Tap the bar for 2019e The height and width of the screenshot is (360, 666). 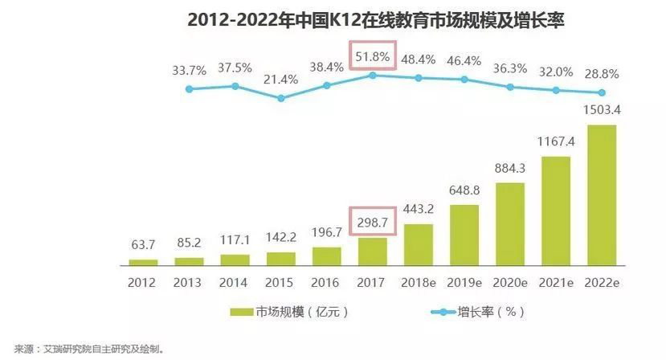464,235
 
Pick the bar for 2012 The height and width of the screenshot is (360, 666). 143,261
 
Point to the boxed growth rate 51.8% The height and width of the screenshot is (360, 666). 372,57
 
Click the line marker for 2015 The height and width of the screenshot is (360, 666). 281,99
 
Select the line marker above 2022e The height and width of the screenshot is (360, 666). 601,92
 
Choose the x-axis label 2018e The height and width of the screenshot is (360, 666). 418,283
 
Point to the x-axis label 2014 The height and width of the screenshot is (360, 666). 235,283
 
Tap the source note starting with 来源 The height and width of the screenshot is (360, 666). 84,350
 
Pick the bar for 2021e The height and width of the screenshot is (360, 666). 555,211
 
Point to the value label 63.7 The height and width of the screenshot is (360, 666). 144,245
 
